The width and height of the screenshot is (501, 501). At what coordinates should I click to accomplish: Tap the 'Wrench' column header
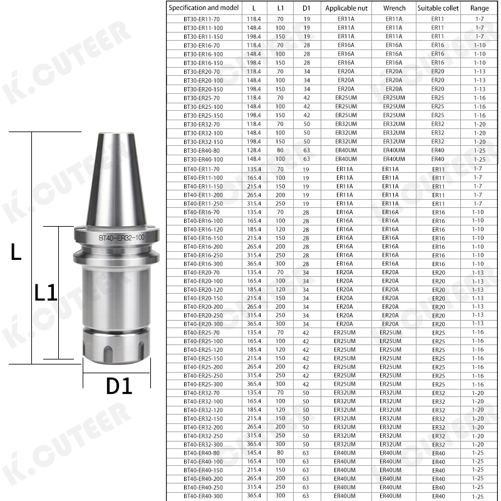394,8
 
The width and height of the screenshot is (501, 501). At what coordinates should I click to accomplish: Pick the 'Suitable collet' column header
438,8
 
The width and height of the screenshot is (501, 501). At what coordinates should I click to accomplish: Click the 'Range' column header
479,8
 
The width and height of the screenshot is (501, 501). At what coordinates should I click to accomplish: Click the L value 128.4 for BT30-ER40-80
254,150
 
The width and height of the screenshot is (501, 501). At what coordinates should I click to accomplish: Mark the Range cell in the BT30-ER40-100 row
479,159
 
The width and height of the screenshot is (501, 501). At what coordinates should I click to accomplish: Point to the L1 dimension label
45,292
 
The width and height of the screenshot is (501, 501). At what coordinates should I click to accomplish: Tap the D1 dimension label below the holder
119,386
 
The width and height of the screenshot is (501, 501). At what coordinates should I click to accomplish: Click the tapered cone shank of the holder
116,182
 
